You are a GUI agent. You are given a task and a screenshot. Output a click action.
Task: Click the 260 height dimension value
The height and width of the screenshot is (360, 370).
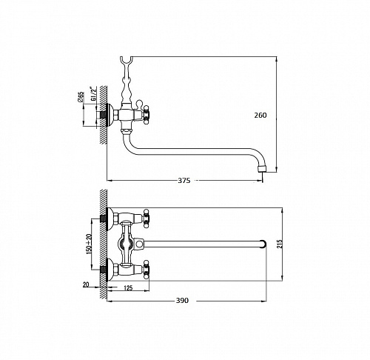point(260,116)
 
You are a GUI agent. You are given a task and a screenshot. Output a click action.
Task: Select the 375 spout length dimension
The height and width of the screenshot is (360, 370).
point(184,181)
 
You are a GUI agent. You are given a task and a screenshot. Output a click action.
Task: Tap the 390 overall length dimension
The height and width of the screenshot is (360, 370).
point(182,301)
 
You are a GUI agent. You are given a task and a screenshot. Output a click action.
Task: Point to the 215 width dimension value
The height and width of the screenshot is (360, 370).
point(280,244)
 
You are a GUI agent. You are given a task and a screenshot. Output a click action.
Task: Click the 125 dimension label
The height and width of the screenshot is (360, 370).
point(128,287)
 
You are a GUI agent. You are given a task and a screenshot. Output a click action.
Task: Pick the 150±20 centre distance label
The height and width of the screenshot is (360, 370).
point(89,243)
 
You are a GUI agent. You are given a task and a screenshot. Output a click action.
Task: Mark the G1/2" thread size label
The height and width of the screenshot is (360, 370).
point(93,93)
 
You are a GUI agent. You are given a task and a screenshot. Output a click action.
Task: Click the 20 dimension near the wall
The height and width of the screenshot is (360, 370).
point(86,284)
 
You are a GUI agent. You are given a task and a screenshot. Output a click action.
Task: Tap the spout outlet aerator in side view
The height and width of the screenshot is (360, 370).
point(261,169)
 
